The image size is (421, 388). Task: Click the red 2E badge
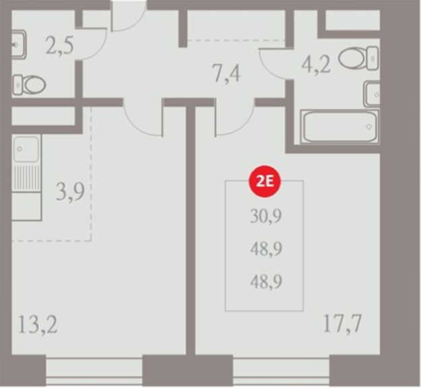click(265, 181)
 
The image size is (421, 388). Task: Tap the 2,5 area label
click(59, 46)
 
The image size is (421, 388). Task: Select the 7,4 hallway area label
click(226, 73)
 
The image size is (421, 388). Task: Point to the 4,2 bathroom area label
click(316, 65)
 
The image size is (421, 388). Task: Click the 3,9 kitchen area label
click(70, 191)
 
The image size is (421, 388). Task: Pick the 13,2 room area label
click(38, 325)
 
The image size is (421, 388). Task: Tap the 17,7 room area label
click(342, 323)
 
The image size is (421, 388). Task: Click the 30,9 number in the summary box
click(266, 216)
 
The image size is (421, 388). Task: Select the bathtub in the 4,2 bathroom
click(339, 127)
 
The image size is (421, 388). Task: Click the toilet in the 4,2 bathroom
click(359, 58)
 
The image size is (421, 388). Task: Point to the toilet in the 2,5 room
click(29, 85)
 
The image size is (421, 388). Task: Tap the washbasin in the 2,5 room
click(19, 44)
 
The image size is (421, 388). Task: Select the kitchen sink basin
click(26, 149)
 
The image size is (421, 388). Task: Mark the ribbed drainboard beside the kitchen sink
click(26, 177)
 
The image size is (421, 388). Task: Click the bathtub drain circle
click(369, 127)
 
